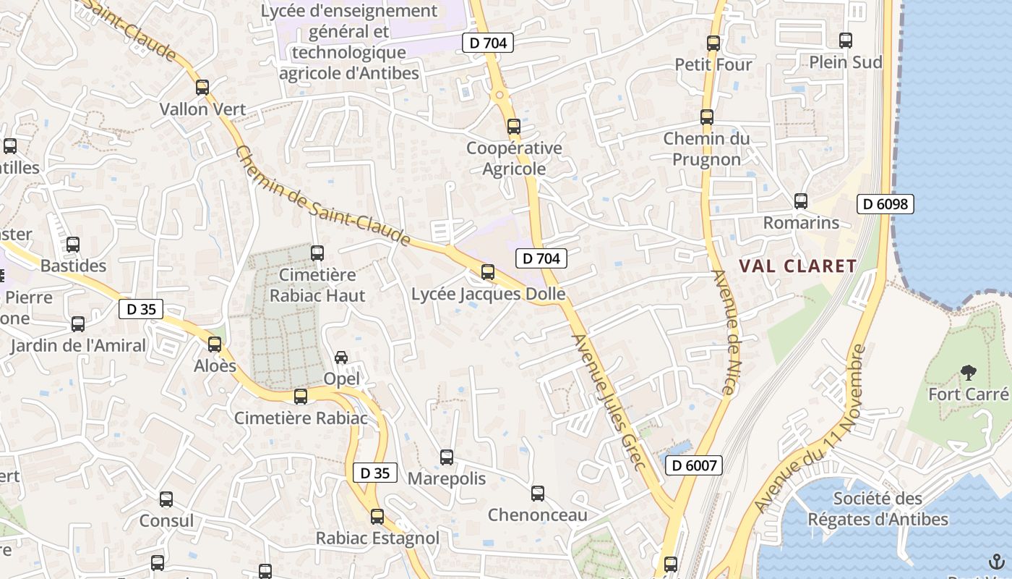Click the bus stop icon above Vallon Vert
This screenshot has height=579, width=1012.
click(x=202, y=88)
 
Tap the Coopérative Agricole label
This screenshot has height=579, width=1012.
click(x=514, y=159)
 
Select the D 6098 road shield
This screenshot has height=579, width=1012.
click(x=885, y=204)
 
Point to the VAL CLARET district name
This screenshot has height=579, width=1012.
click(x=797, y=266)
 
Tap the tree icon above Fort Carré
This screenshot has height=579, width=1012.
click(x=968, y=373)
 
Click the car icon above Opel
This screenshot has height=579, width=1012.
click(x=341, y=358)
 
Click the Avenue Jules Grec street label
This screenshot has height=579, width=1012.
click(x=609, y=402)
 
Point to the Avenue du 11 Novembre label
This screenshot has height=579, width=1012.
click(x=810, y=430)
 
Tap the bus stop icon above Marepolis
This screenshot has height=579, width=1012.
click(x=447, y=457)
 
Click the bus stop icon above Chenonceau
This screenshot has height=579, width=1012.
click(x=538, y=494)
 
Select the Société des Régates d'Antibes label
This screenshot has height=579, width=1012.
click(x=878, y=509)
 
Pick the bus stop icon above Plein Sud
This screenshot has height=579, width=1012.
click(x=846, y=41)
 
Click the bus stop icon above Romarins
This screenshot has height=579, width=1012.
click(x=801, y=201)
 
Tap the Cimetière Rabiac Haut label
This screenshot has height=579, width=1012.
click(x=317, y=285)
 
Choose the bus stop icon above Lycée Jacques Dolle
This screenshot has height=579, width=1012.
click(x=488, y=272)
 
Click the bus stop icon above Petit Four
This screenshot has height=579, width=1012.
click(x=713, y=43)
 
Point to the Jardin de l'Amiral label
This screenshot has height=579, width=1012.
click(x=78, y=345)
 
